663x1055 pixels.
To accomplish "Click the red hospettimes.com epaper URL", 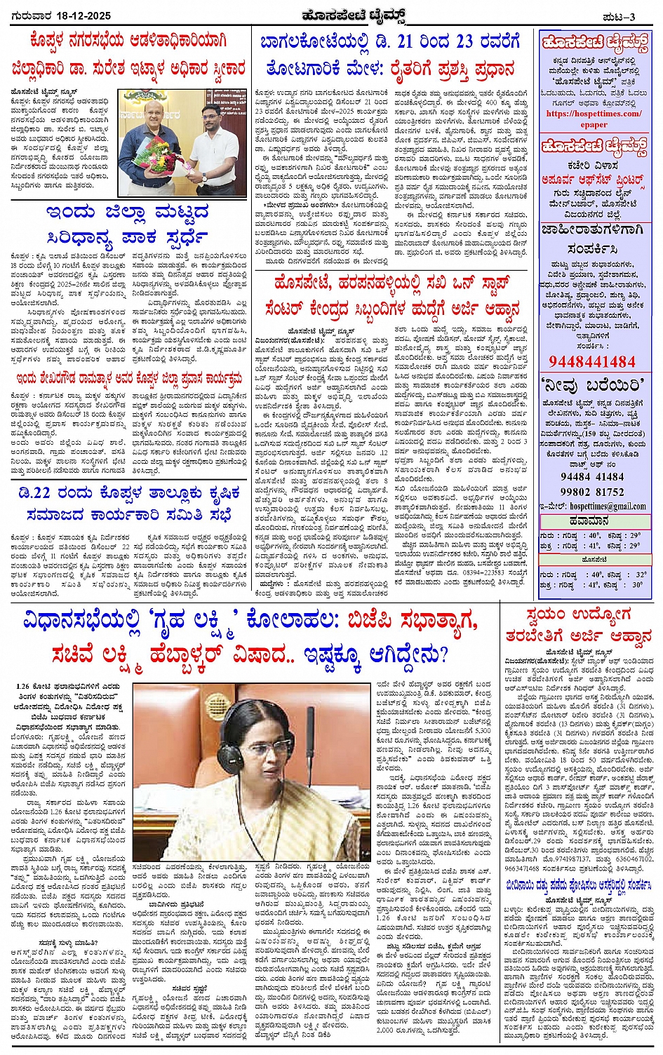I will click(x=594, y=119).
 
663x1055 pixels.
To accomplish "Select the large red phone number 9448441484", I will click(x=594, y=361).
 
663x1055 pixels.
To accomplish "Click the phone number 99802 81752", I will click(x=593, y=492).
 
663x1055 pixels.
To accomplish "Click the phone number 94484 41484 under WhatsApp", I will click(x=593, y=477).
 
